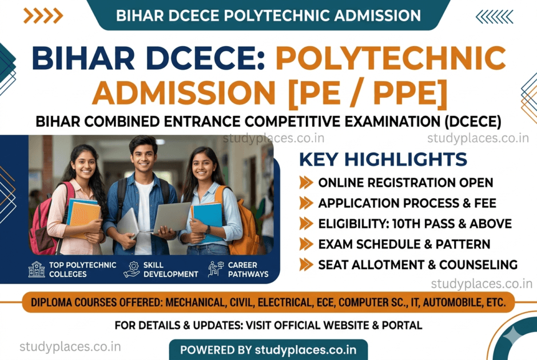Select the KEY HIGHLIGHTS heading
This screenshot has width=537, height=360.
coord(383,159)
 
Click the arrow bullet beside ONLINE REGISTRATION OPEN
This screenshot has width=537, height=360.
coord(307,183)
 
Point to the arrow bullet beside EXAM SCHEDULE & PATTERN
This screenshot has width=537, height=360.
coord(307,244)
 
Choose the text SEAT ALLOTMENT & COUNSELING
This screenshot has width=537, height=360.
coord(417,265)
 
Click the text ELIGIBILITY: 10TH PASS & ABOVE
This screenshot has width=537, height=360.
coord(415,223)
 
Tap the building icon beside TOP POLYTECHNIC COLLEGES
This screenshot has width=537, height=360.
coord(37,269)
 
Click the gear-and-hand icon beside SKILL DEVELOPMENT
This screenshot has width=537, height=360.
coord(131,269)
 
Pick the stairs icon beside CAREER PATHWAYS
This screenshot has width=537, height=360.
coord(216,269)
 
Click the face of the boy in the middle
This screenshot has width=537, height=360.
coord(143,158)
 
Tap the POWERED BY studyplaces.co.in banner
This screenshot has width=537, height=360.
coord(268,349)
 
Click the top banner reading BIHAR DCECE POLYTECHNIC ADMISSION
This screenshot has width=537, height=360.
coord(268,15)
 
